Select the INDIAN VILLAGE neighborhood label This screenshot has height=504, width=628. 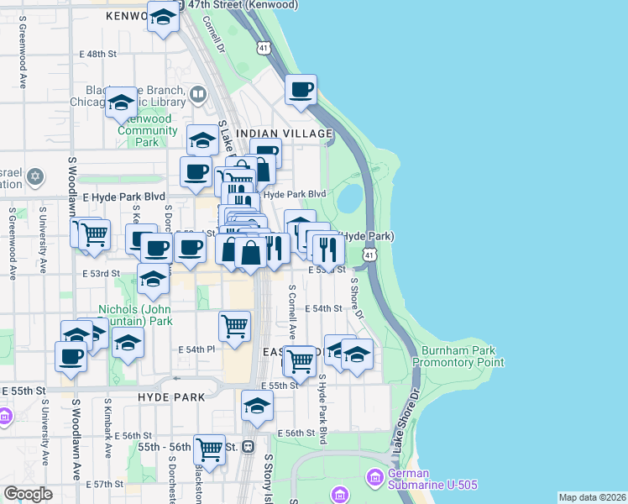[x=285, y=134]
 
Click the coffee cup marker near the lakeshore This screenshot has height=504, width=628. [x=301, y=89]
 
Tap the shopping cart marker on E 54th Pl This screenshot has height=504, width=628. [x=234, y=325]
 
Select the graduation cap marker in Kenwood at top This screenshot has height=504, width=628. [x=163, y=16]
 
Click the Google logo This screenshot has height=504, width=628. [x=28, y=494]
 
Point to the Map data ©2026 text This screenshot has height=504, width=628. [x=592, y=497]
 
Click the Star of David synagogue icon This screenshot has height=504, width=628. [x=34, y=176]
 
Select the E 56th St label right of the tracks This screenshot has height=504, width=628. [x=298, y=433]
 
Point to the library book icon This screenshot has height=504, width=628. [x=198, y=94]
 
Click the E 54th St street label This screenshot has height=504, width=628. [x=324, y=308]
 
